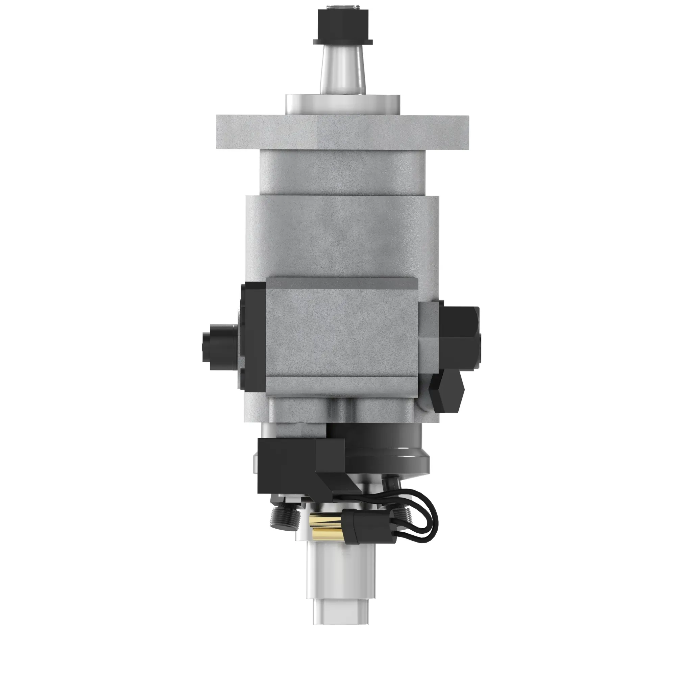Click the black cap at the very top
[x=343, y=24]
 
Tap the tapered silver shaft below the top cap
[x=342, y=70]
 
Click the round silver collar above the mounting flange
[x=342, y=104]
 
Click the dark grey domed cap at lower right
[x=392, y=451]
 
